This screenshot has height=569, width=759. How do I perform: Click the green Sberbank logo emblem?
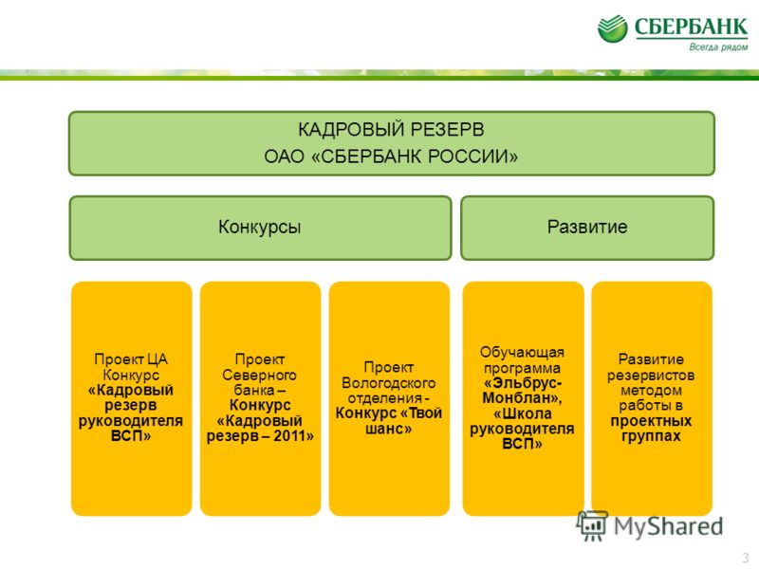[612, 28]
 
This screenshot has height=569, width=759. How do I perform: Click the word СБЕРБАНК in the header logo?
[692, 28]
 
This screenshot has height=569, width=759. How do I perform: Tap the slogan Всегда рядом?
[718, 46]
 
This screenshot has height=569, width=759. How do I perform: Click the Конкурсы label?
[259, 227]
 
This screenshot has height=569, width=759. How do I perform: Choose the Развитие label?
[587, 227]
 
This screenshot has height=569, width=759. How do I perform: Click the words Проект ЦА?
[131, 359]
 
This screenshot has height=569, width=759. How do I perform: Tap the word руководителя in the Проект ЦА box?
[131, 420]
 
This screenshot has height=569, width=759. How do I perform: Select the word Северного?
[259, 375]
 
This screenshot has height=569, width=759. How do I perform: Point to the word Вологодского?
[388, 383]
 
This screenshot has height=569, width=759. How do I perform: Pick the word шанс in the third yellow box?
[385, 429]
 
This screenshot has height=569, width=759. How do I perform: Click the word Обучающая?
[522, 352]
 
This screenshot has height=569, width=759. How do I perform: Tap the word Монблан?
[518, 397]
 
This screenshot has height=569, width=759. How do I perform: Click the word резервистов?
[651, 375]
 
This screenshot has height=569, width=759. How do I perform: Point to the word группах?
[651, 436]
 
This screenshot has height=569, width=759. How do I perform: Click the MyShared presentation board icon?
[592, 525]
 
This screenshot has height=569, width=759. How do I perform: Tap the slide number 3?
[746, 557]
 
